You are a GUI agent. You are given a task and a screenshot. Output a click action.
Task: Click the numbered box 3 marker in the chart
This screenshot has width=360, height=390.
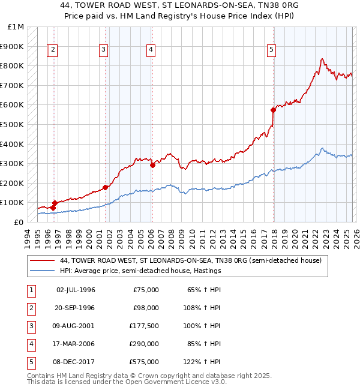point(103,50)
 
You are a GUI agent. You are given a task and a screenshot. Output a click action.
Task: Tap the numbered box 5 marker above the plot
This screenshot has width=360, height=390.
point(272,50)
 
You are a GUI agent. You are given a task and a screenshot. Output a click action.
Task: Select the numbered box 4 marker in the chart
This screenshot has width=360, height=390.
point(151,50)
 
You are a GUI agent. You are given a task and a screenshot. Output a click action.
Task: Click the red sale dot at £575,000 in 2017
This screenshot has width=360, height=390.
point(273,110)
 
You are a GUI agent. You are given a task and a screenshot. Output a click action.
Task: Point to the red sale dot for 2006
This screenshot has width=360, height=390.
point(152,165)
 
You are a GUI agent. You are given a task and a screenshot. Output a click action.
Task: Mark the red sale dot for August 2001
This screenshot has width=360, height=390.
point(106,187)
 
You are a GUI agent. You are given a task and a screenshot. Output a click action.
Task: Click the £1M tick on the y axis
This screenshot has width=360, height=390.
point(16,27)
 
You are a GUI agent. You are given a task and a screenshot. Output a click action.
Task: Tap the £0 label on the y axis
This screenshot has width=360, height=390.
point(19,222)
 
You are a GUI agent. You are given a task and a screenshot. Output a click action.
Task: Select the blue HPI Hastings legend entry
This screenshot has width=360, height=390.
point(140,271)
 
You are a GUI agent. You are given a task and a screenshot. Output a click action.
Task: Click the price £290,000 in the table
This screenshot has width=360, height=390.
point(144,345)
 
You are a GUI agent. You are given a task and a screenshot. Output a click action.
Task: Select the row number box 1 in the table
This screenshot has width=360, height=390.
point(30,290)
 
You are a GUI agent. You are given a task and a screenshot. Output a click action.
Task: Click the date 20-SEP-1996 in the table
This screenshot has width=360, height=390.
point(75,307)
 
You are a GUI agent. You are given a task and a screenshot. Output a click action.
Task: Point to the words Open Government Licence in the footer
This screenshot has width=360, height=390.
point(176,381)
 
